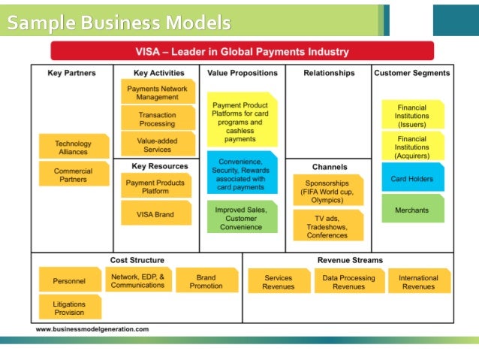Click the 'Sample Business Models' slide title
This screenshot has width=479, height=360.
point(119,24)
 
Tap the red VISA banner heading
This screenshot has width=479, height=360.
point(242,52)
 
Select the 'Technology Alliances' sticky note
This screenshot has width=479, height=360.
point(73,147)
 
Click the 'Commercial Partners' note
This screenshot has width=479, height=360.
point(73,175)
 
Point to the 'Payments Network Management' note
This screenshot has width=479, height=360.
point(158,92)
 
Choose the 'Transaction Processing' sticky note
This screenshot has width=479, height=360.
point(158,119)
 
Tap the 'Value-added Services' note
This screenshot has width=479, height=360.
point(158,144)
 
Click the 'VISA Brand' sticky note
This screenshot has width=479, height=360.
point(155,214)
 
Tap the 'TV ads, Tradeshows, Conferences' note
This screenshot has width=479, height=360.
point(327,225)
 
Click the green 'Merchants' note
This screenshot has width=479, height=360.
point(411,210)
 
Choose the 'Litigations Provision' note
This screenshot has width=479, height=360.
point(69,307)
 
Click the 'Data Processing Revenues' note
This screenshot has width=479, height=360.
point(348,282)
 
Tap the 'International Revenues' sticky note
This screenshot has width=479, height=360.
point(418,282)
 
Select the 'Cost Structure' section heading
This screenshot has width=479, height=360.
point(137,260)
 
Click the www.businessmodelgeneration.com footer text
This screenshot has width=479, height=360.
point(92,329)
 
